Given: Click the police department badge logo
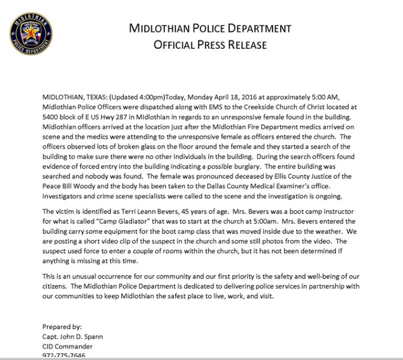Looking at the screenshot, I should point(31,33).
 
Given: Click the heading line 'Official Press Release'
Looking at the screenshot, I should point(210,45).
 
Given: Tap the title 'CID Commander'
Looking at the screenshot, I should point(68,346).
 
